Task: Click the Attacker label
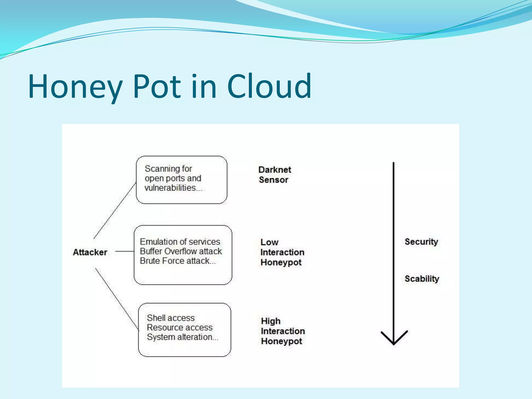coord(90,252)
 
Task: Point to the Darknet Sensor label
coord(275,175)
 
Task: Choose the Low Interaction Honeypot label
coord(282,252)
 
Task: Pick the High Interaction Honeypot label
coord(283,331)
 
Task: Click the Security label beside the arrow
coord(421,242)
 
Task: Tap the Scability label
coord(422,279)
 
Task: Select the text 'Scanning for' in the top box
coord(168,169)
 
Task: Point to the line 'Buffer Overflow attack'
coord(181,251)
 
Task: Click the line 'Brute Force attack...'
coord(178,261)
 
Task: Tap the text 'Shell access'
coord(171,318)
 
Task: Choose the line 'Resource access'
coord(180,327)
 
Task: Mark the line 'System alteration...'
coord(183,337)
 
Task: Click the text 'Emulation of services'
coord(180,242)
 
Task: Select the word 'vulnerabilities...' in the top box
coord(173,188)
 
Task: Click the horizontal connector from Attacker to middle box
coord(124,251)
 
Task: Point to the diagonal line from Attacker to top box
coord(115,210)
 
